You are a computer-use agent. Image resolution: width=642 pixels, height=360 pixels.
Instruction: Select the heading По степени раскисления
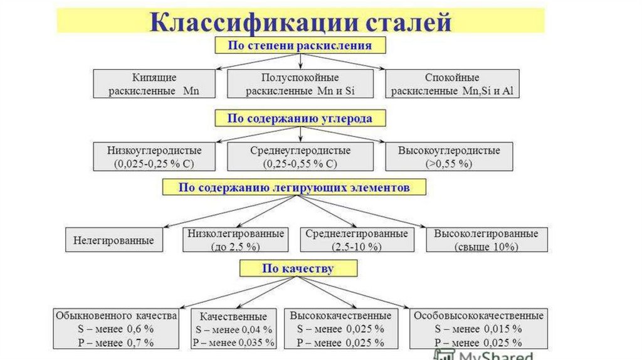[x=300, y=46]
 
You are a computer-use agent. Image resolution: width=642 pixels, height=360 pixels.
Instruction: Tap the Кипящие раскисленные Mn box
[x=154, y=84]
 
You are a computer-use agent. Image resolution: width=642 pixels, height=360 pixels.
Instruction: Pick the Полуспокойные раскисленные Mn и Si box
[x=300, y=84]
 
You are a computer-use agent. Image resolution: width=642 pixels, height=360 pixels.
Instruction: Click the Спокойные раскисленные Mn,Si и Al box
[x=452, y=84]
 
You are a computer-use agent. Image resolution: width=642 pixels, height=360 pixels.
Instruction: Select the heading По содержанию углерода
[x=300, y=118]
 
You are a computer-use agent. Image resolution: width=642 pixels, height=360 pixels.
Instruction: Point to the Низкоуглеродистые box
[x=154, y=157]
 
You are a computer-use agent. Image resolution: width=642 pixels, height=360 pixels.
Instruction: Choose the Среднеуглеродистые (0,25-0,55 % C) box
[x=300, y=157]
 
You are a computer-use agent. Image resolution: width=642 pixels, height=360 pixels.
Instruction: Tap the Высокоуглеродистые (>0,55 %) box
[x=449, y=157]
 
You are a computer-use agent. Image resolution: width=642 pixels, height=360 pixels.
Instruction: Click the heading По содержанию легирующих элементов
[x=294, y=187]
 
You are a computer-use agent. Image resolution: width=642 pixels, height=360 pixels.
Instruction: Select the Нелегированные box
[x=113, y=240]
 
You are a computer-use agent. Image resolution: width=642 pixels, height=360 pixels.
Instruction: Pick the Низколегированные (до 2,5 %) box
[x=235, y=240]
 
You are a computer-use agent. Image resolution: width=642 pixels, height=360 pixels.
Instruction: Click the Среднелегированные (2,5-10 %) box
[x=356, y=240]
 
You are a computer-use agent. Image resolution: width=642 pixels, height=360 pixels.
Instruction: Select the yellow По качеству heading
[x=298, y=268]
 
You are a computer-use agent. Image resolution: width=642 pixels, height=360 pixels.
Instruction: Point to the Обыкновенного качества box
[x=112, y=328]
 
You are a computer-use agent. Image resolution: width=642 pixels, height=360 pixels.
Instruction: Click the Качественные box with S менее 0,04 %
[x=233, y=328]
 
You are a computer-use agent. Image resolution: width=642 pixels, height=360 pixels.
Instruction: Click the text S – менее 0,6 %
[x=112, y=329]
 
